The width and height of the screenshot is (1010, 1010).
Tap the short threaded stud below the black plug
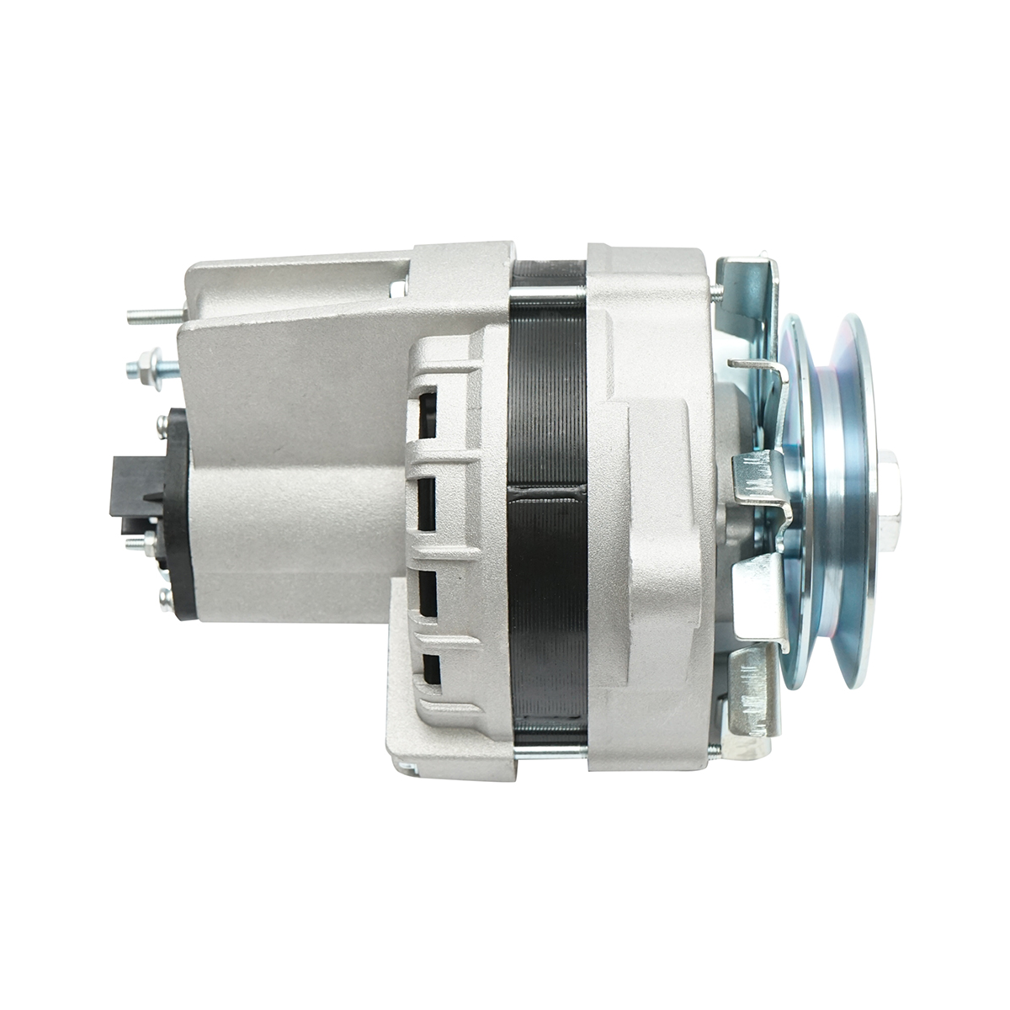tap(138, 543)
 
